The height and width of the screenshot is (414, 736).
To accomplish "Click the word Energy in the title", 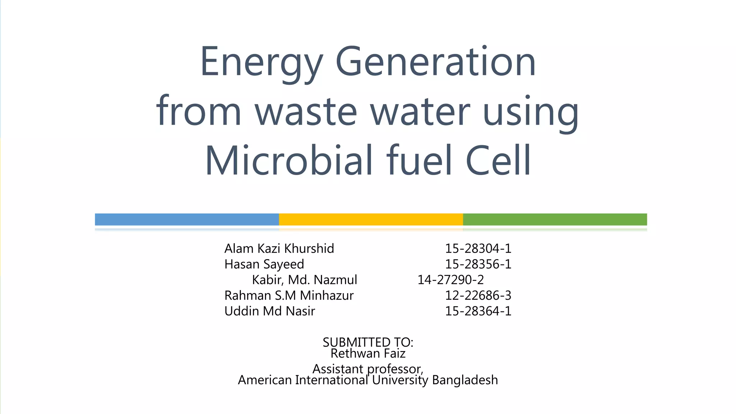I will (261, 63).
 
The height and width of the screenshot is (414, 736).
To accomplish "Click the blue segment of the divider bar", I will (187, 219).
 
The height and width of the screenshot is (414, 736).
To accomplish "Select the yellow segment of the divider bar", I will (371, 219).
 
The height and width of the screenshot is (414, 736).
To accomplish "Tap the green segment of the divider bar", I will (555, 219).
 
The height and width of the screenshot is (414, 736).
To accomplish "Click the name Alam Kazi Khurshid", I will (279, 248).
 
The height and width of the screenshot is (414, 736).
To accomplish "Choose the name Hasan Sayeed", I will (264, 264).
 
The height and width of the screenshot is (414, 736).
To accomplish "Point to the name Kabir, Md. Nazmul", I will (304, 280).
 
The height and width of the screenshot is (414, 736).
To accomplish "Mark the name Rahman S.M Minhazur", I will (289, 295).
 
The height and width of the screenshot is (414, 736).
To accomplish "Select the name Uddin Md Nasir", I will (270, 311).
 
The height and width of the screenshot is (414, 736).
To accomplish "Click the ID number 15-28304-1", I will (478, 248).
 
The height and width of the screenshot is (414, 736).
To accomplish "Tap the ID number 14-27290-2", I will (451, 280).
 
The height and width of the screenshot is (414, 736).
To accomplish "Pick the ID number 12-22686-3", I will (478, 295).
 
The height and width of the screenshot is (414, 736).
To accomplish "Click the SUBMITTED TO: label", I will (368, 342).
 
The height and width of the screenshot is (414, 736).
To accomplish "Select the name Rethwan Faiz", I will (368, 354).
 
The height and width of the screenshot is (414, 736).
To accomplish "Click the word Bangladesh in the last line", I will (465, 380).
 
